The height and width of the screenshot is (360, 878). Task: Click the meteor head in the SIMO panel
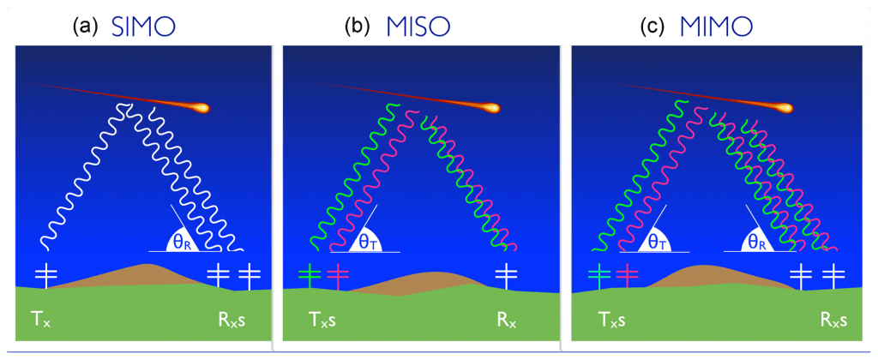tap(201, 108)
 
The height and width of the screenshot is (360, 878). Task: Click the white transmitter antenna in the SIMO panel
tap(45, 276)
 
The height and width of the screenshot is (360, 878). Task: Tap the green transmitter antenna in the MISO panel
tap(310, 275)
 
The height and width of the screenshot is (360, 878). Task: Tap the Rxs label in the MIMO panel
tap(833, 321)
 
